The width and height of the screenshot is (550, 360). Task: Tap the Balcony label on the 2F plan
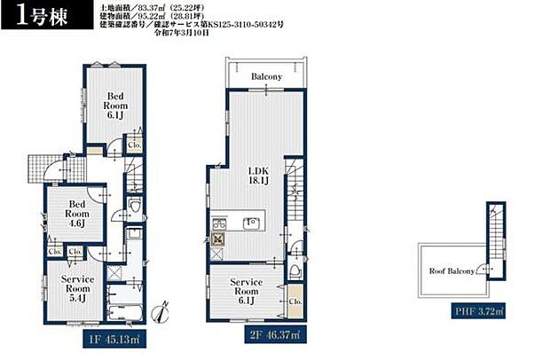tap(266, 77)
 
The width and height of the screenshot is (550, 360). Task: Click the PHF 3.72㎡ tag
tap(477, 311)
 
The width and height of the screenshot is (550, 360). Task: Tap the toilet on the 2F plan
tap(294, 270)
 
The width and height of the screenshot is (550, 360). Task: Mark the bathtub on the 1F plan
tap(123, 306)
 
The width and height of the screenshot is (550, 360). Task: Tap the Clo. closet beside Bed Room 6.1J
tap(134, 144)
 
